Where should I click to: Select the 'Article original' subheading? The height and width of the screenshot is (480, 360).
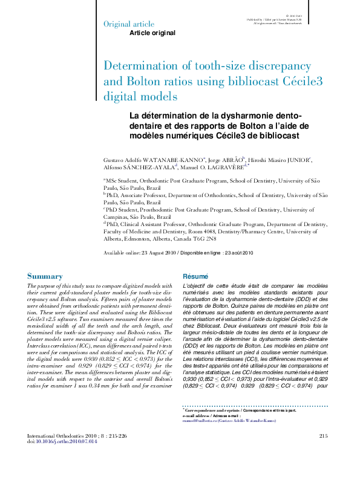click(152, 33)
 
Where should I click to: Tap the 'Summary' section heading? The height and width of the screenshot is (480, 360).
click(45, 276)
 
